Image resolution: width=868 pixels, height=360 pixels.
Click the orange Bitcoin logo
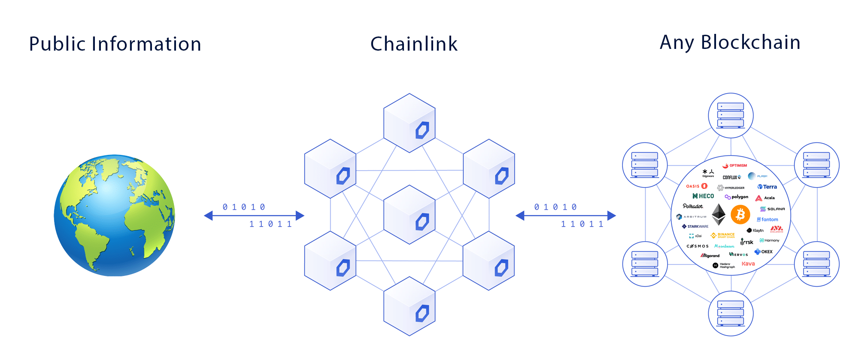point(740,214)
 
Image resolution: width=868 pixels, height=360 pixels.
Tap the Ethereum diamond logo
point(719,214)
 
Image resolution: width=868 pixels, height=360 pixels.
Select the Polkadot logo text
point(693,206)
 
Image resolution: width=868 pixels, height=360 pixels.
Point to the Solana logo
point(772,209)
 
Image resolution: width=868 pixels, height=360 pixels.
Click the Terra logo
point(767,187)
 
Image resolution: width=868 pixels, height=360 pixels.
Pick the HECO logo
point(703,196)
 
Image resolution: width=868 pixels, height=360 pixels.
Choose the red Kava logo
point(748,264)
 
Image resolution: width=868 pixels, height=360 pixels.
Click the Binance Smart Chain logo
point(723,236)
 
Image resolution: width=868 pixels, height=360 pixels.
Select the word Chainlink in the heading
point(414,44)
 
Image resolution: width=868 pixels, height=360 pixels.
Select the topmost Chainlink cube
point(410,123)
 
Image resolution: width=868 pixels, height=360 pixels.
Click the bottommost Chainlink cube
point(410,306)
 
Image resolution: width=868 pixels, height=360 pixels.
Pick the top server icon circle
point(731,115)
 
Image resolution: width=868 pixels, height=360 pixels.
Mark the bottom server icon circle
point(731,313)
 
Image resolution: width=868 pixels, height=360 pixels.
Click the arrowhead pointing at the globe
point(209,215)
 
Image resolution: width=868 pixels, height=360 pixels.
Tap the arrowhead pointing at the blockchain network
point(611,215)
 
